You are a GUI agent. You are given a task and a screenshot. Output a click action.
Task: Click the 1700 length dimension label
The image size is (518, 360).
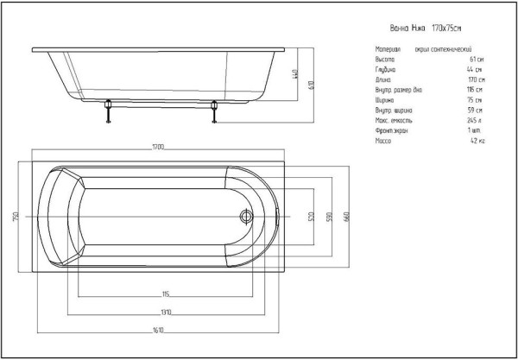tap(158, 148)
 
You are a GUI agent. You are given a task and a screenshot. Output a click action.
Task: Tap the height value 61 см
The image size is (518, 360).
tap(476, 60)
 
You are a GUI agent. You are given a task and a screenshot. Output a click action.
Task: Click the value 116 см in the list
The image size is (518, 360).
tap(474, 89)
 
